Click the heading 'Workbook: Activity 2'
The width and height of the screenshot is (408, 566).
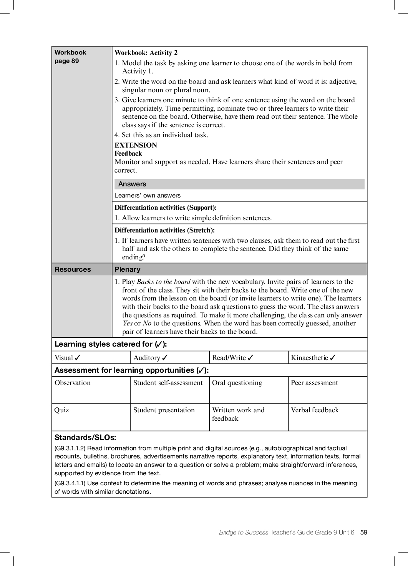pos(146,53)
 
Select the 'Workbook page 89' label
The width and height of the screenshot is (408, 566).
pos(70,56)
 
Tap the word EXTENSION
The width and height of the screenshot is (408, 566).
pos(136,145)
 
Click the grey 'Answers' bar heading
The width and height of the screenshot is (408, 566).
pos(132,184)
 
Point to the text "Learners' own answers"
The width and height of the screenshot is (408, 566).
pos(148,195)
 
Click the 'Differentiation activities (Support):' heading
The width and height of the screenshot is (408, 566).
pos(166,208)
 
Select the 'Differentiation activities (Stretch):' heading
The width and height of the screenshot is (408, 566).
pos(164,231)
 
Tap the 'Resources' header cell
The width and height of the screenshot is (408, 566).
pos(73,269)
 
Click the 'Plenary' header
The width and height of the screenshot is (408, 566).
pos(128,269)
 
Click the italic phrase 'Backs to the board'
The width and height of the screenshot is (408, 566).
pos(164,282)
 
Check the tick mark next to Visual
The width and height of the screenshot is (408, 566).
pos(78,358)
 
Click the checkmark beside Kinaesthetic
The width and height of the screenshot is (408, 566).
pos(333,358)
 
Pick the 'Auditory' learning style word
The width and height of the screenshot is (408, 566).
pos(147,358)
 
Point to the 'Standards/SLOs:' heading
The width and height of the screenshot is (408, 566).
pos(85,437)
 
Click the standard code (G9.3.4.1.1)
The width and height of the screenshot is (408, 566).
pos(70,483)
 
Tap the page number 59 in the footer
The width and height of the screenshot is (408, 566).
pos(364,533)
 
